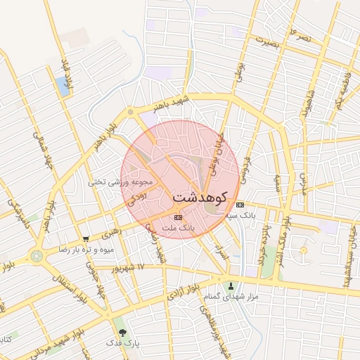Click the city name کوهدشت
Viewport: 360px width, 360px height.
(199, 195)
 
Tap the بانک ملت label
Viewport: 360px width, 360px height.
(177, 229)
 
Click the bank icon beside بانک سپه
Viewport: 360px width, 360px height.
(241, 205)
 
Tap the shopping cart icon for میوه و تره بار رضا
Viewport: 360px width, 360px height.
(86, 239)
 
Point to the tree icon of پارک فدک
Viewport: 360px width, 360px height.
(123, 332)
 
